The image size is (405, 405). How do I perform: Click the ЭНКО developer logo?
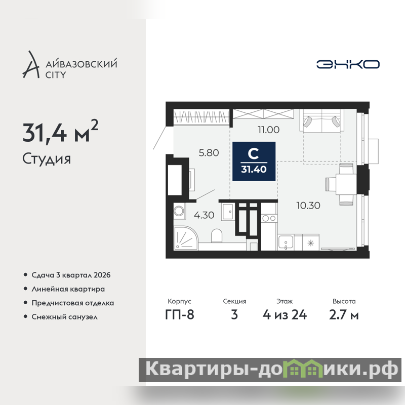[x=348, y=64]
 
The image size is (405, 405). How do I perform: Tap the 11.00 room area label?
[x=269, y=130]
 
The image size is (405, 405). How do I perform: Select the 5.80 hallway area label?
[x=209, y=153]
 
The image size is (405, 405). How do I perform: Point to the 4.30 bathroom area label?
[x=204, y=215]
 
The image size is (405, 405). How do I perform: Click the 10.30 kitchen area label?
[x=308, y=206]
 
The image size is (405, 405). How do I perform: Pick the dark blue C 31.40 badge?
[x=254, y=161]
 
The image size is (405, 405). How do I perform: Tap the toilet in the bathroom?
[x=217, y=235]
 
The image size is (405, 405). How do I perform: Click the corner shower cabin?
[x=185, y=238]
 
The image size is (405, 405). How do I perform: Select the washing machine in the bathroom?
[x=179, y=211]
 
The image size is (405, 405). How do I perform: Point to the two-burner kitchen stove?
[x=269, y=219]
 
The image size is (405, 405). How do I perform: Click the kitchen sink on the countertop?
[x=286, y=242]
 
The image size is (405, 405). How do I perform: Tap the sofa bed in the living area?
[x=322, y=120]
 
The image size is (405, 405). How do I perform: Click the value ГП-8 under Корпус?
[x=180, y=315]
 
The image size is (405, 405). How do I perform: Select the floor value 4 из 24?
[x=285, y=315]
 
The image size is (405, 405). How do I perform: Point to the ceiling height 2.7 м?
[x=344, y=315]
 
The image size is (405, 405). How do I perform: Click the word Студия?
[x=47, y=159]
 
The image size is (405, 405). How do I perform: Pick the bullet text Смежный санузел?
[x=65, y=317]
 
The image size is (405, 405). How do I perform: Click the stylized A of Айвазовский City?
[x=31, y=65]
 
